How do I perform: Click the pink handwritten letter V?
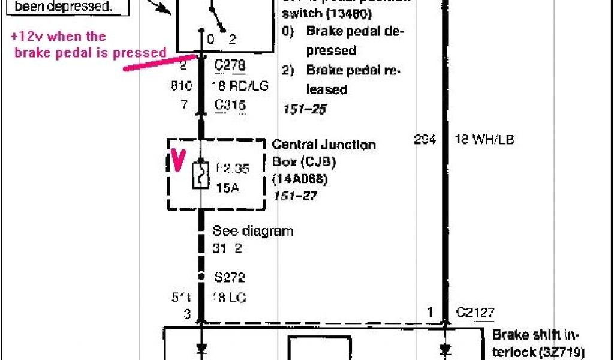click(x=178, y=159)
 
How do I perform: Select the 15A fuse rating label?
click(x=227, y=188)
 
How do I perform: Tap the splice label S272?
click(x=229, y=278)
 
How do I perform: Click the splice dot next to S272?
click(x=201, y=278)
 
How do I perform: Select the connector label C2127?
click(x=475, y=311)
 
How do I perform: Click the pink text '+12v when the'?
click(x=58, y=37)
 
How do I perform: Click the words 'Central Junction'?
click(x=324, y=145)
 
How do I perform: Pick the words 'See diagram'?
click(x=252, y=231)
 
